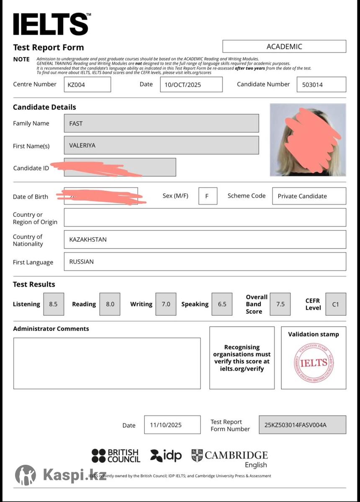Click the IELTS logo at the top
click(x=51, y=24)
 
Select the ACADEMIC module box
click(x=284, y=46)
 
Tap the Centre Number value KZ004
click(x=87, y=85)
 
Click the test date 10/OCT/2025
click(x=191, y=85)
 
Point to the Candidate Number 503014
click(x=321, y=85)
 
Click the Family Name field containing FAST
click(x=161, y=123)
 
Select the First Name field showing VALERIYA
click(x=161, y=145)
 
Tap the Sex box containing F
click(x=208, y=196)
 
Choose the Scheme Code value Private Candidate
click(x=309, y=196)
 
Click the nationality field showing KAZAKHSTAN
click(x=205, y=240)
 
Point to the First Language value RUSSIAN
click(x=205, y=262)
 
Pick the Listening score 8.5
click(x=54, y=304)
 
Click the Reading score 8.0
click(x=110, y=304)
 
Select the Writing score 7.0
click(x=166, y=304)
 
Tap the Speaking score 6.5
click(x=222, y=304)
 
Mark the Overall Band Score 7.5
click(x=280, y=304)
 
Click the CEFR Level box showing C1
click(x=335, y=304)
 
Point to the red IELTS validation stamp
click(x=314, y=363)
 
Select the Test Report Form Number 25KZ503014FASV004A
click(x=302, y=425)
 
